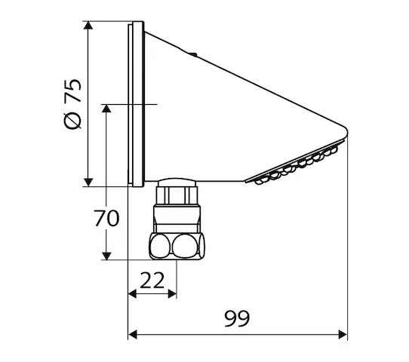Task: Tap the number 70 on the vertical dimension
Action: pyautogui.click(x=106, y=219)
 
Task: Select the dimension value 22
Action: pyautogui.click(x=152, y=280)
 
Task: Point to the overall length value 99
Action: pyautogui.click(x=238, y=318)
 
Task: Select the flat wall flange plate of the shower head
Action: pyautogui.click(x=137, y=105)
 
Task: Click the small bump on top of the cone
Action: pyautogui.click(x=194, y=54)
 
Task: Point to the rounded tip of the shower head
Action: pyautogui.click(x=346, y=133)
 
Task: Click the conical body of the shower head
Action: pyautogui.click(x=226, y=113)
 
